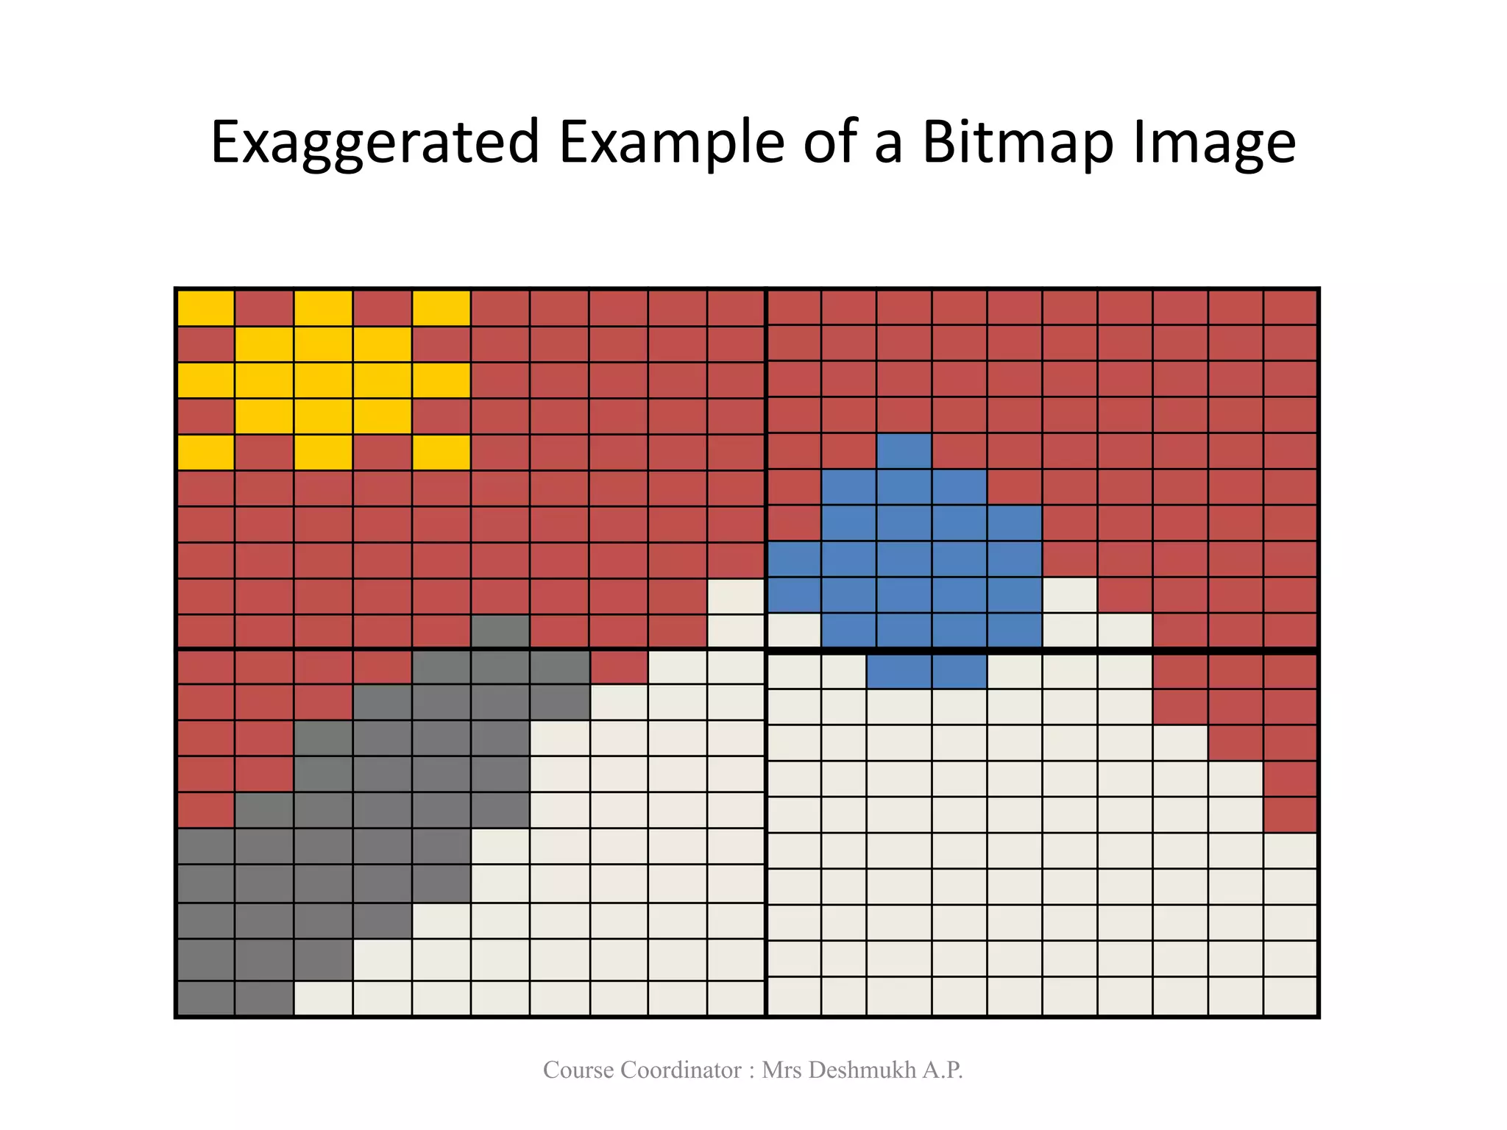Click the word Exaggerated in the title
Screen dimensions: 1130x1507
click(x=375, y=143)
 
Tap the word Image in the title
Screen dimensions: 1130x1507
click(x=1213, y=143)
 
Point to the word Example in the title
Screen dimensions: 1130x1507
click(x=671, y=143)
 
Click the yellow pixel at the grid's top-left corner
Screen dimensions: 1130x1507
click(x=206, y=308)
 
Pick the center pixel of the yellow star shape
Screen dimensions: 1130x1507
click(x=323, y=380)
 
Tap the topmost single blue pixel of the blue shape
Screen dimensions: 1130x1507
click(x=904, y=451)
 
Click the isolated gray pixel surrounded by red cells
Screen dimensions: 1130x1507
click(x=500, y=632)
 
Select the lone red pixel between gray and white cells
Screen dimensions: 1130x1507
click(x=619, y=668)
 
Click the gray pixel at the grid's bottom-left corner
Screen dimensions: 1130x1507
click(x=206, y=998)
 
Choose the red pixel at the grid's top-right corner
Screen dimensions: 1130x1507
click(x=1290, y=308)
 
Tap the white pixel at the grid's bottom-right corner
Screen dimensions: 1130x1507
click(x=1290, y=996)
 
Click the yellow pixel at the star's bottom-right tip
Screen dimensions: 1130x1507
click(x=442, y=452)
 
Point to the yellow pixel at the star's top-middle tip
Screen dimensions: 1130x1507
click(x=323, y=308)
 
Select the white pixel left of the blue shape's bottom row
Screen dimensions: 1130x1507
click(x=794, y=630)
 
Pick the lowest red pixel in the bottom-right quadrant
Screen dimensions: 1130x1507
click(x=1290, y=815)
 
